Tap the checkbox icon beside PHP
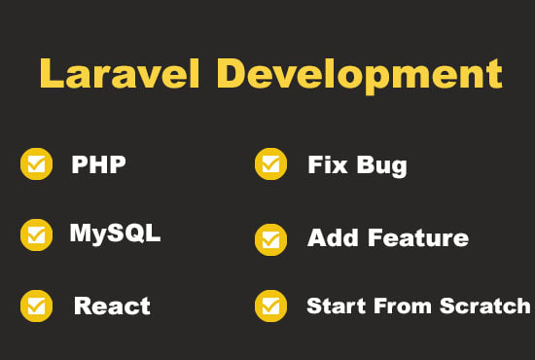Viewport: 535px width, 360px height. coord(37,164)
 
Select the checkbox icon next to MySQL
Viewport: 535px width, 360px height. coord(37,234)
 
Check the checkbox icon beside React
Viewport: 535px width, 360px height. coord(37,306)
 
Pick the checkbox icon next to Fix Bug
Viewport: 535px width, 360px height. coord(270,164)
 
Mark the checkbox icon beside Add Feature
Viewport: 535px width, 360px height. coord(270,237)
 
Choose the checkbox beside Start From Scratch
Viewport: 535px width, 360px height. coord(270,306)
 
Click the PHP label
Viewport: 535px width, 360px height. coord(98,164)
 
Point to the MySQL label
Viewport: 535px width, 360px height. coord(115,234)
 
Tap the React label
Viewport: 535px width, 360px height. coord(112,306)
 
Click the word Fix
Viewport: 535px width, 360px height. coord(326,164)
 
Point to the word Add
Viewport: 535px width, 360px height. coord(327,237)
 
